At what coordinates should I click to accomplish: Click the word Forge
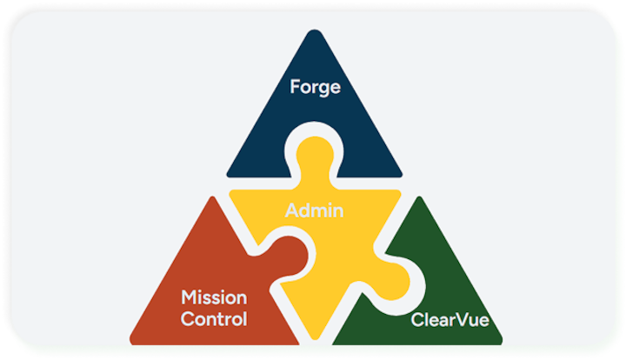tap(315, 88)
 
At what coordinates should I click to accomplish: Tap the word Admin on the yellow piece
tap(315, 210)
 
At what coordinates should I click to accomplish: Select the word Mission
tap(214, 297)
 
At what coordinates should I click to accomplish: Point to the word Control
tap(214, 319)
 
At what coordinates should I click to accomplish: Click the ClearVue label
tap(451, 321)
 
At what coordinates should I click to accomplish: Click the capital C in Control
tap(187, 319)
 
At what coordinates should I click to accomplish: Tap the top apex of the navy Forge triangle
tap(315, 33)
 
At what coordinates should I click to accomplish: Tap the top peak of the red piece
tap(211, 199)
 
